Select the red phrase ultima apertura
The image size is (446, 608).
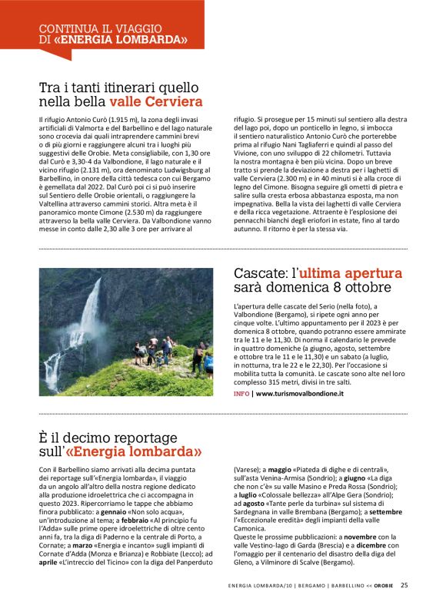click(x=351, y=273)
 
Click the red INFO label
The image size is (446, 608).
click(x=241, y=393)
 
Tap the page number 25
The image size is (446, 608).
click(x=404, y=585)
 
